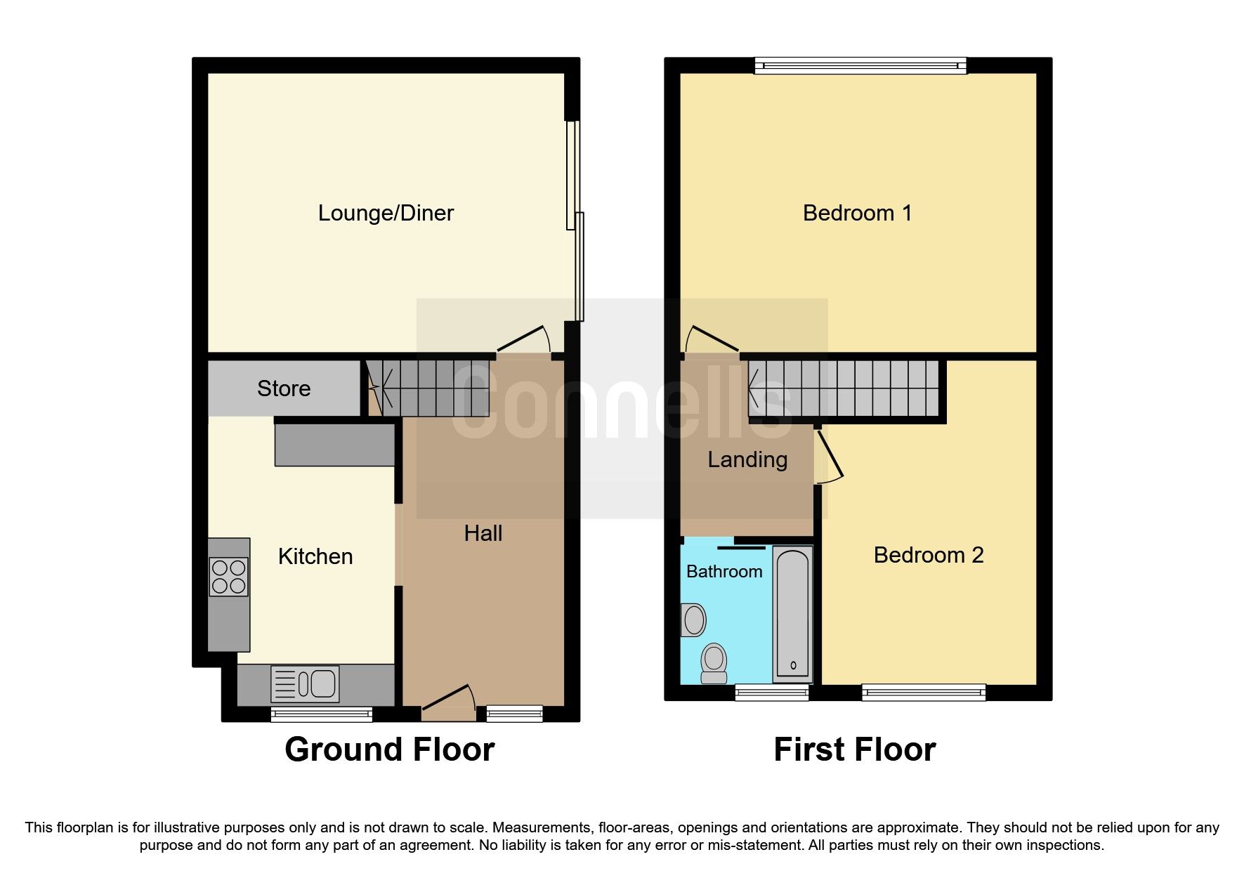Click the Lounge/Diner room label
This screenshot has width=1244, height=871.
tap(386, 213)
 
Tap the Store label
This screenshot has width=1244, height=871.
tap(284, 388)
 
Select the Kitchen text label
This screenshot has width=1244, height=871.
tap(315, 556)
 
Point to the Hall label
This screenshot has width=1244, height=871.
tap(483, 533)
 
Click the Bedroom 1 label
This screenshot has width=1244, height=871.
tap(857, 213)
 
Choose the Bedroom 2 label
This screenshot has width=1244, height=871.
tap(928, 555)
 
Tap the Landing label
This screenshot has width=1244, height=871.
tap(747, 459)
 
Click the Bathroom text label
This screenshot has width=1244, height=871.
tap(724, 572)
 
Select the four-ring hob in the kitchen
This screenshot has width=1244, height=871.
tap(229, 577)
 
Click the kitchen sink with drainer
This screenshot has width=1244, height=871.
tap(306, 683)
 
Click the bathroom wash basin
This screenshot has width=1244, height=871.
tap(694, 620)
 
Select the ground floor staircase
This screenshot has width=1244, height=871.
tap(428, 388)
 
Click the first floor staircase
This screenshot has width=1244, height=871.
tap(844, 388)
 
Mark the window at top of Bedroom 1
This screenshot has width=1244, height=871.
tap(860, 66)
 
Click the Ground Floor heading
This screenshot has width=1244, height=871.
tap(389, 749)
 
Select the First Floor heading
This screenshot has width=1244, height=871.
tap(854, 749)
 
